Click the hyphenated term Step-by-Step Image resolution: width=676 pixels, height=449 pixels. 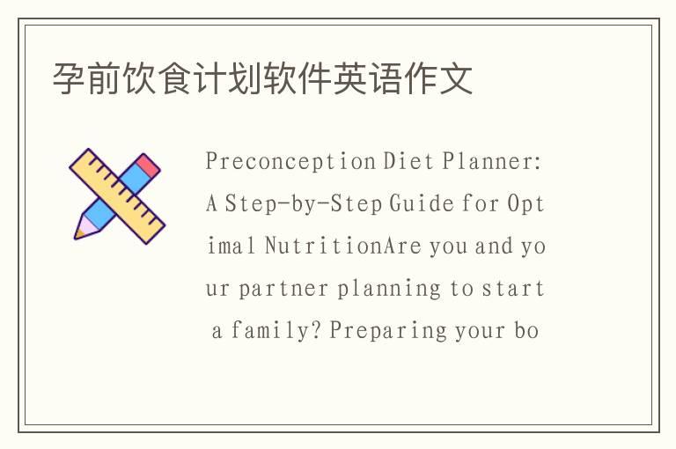point(304,204)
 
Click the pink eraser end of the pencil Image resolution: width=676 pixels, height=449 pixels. point(149,164)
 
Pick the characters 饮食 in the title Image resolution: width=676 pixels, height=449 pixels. point(158,79)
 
